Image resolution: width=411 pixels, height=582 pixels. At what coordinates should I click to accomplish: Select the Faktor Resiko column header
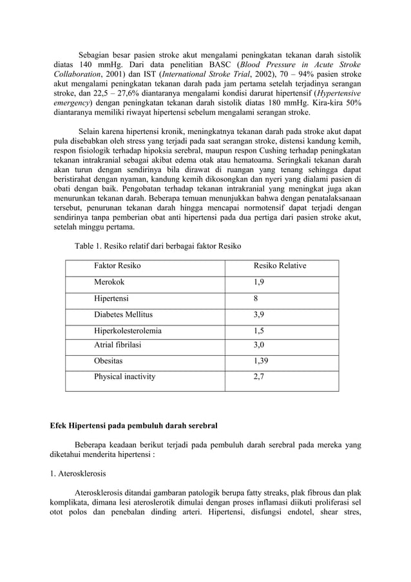click(x=118, y=266)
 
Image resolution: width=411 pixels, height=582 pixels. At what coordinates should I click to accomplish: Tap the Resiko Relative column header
click(x=280, y=266)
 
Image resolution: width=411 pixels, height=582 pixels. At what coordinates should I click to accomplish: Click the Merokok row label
click(x=110, y=282)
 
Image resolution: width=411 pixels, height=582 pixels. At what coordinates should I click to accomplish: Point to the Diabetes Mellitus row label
click(x=123, y=315)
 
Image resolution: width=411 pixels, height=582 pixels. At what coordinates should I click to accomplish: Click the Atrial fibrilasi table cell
click(x=118, y=345)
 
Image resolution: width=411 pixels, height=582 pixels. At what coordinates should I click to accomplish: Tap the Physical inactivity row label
click(x=125, y=377)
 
